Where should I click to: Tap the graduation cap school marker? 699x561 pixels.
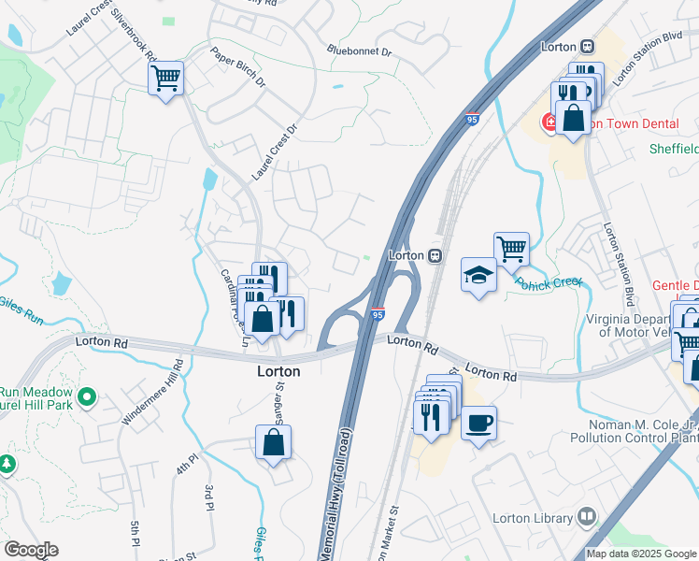point(478,276)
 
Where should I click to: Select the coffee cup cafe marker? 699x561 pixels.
point(478,423)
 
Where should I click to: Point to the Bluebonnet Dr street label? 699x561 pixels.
point(362,50)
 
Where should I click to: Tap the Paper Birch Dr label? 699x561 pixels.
point(238,68)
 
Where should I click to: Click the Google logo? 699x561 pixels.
point(31,550)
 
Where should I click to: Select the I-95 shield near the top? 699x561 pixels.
point(473,119)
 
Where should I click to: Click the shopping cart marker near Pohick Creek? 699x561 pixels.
point(511,249)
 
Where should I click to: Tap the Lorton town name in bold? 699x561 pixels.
point(279,371)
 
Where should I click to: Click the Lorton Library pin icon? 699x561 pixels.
point(587,515)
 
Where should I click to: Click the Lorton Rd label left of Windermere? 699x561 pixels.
point(103,343)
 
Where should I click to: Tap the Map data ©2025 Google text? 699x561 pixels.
point(641,554)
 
